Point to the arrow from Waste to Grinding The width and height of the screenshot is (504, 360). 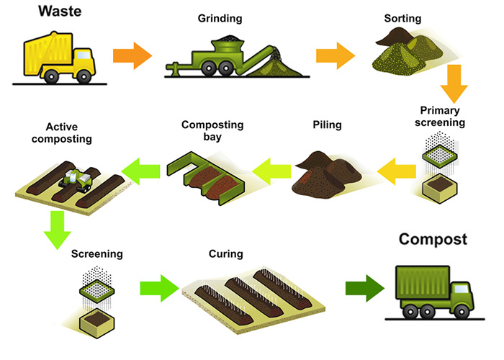132,55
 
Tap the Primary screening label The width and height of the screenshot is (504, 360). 442,117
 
